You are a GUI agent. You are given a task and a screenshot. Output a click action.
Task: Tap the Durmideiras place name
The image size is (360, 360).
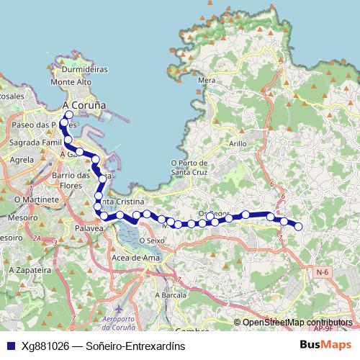tap(84, 70)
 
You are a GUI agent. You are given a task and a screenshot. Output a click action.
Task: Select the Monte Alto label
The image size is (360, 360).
tap(71, 83)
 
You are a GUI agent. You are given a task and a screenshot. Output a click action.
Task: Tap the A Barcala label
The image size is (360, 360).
tap(171, 295)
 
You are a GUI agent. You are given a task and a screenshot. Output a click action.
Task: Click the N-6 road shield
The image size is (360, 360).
tap(323, 272)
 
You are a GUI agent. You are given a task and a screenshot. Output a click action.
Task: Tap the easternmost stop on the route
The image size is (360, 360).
tap(298, 227)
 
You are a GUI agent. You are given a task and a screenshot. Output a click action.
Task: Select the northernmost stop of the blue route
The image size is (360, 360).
tap(69, 114)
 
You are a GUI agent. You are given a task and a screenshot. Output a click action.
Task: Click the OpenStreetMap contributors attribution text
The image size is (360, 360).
tap(297, 323)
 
